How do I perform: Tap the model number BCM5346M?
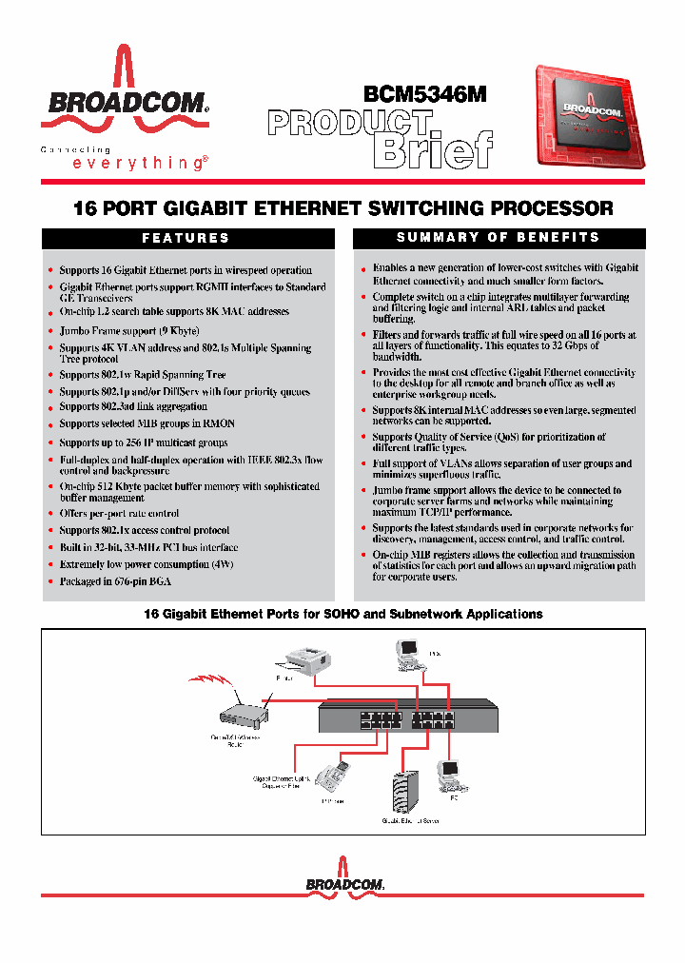click(x=424, y=94)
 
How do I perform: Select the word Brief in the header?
click(x=433, y=148)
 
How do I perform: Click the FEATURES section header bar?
click(x=186, y=238)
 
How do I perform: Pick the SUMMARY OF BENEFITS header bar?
click(x=498, y=238)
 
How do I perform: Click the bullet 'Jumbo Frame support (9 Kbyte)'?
click(x=129, y=330)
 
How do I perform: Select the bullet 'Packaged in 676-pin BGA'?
click(x=115, y=581)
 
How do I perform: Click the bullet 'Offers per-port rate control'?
click(x=119, y=513)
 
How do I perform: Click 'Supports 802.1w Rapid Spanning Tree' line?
click(x=143, y=375)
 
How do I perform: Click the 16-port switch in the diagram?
click(x=409, y=714)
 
